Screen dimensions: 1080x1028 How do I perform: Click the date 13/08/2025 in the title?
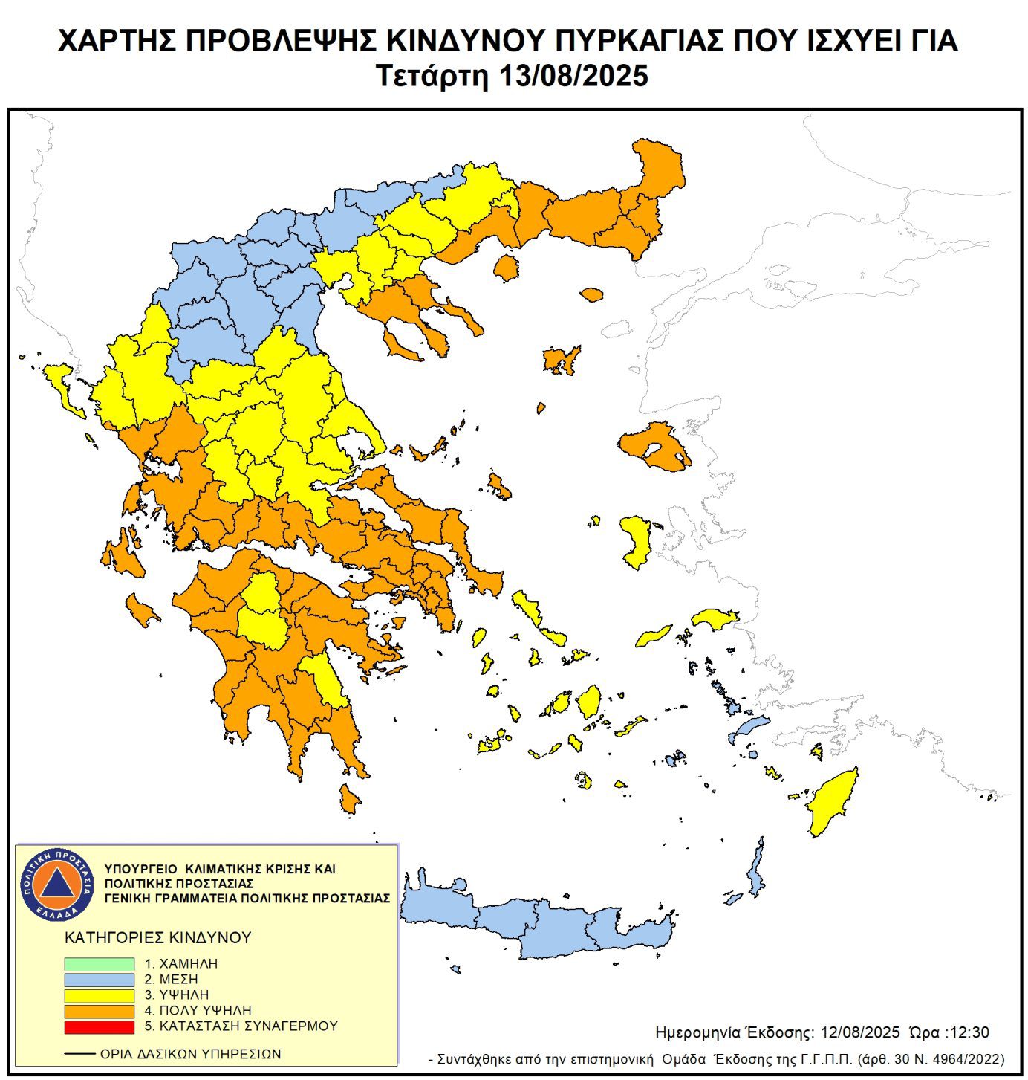[x=573, y=76]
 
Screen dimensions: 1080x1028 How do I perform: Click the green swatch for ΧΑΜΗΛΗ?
[x=99, y=963]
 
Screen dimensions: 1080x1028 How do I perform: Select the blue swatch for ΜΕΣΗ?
[x=99, y=980]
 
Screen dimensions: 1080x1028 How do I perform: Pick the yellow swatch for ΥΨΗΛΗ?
[x=99, y=995]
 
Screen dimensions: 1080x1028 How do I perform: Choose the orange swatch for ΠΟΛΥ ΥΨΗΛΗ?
[x=99, y=1011]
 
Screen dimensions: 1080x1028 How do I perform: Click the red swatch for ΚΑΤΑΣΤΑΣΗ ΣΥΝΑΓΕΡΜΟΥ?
[x=99, y=1026]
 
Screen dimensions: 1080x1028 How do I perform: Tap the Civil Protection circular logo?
[x=57, y=884]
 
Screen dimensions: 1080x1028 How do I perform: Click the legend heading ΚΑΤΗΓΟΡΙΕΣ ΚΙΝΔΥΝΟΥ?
[x=158, y=938]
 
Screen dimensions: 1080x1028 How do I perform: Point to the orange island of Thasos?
[x=507, y=268]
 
